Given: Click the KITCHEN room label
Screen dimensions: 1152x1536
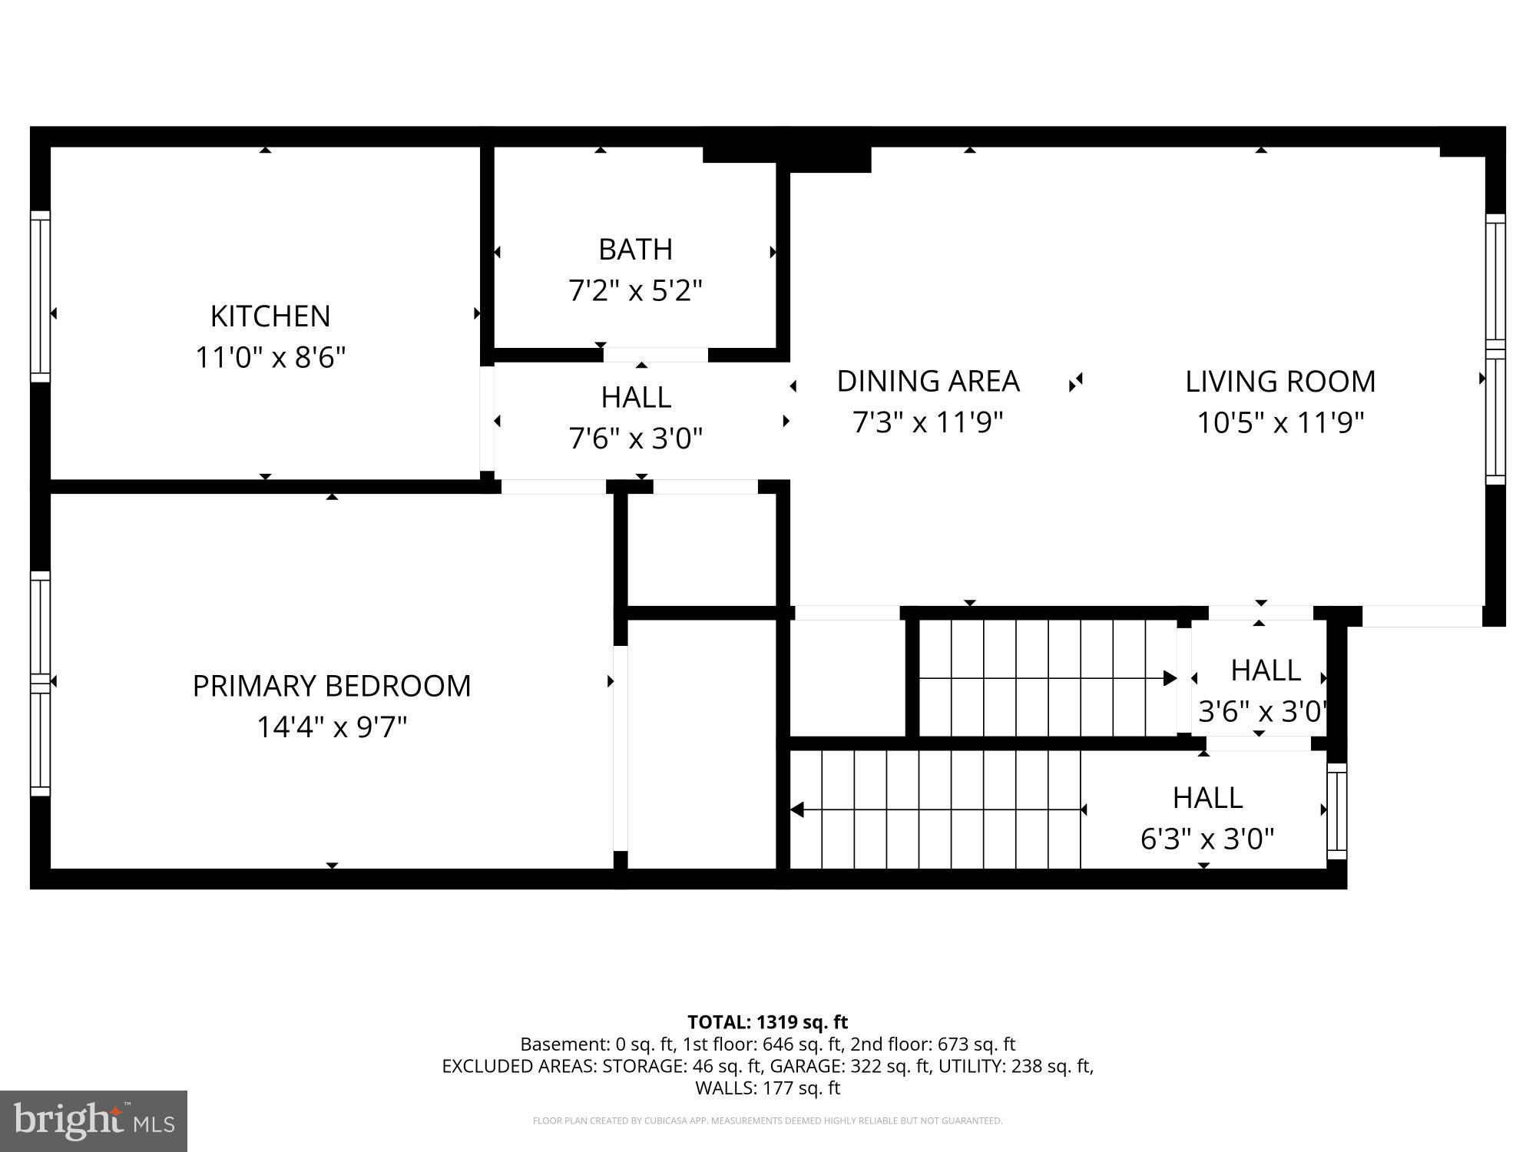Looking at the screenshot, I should (270, 316).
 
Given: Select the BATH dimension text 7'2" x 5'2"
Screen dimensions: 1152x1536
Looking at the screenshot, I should (635, 291).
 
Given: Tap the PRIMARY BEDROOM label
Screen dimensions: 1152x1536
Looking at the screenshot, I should (331, 686).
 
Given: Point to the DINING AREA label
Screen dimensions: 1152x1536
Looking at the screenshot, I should (928, 382).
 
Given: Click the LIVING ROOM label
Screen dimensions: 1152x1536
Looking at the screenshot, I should (1279, 382).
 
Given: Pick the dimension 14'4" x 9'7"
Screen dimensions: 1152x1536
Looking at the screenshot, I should (331, 727).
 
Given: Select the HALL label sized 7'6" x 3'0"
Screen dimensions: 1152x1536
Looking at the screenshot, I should (635, 397).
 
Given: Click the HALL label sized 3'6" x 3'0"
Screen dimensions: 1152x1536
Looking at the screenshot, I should (1264, 670).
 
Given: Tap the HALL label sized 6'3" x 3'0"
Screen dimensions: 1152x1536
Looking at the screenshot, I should (1207, 798).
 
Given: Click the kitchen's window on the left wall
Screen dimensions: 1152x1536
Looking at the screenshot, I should (40, 296).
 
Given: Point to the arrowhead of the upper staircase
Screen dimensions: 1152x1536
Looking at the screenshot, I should (1170, 678).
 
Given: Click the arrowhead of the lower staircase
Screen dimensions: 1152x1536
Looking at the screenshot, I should (797, 809).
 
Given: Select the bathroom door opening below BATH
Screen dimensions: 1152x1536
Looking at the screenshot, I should (655, 355).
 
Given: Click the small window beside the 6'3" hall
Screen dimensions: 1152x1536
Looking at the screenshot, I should (1336, 811).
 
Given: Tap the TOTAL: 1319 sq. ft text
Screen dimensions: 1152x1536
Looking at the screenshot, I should (767, 1022).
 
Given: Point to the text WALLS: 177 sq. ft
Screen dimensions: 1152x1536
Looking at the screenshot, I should (767, 1087).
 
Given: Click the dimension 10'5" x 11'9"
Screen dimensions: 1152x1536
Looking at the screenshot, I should (1279, 422).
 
